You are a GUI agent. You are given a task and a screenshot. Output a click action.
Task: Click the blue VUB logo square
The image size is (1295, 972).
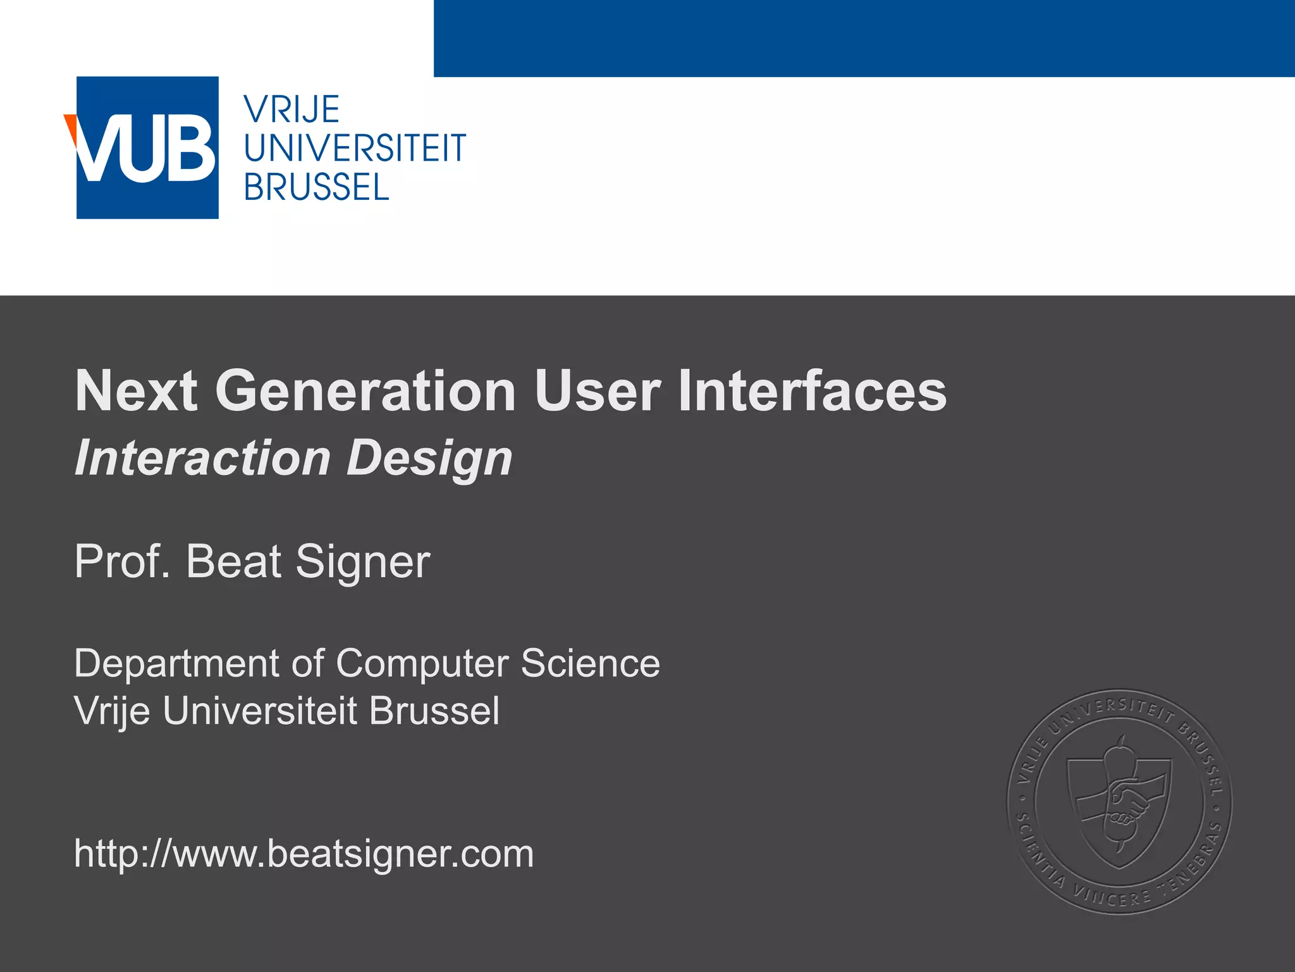click(147, 148)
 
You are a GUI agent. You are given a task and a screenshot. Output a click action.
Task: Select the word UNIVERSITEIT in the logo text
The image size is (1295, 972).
click(355, 149)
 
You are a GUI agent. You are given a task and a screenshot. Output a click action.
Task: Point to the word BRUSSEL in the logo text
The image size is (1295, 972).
click(316, 188)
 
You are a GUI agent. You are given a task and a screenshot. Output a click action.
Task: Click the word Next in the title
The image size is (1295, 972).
click(136, 391)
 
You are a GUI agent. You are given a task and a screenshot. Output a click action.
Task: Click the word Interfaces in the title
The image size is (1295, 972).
click(812, 391)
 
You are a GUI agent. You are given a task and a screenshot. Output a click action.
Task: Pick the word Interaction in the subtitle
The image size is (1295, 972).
click(202, 458)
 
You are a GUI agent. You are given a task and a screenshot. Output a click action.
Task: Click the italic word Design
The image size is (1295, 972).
click(429, 459)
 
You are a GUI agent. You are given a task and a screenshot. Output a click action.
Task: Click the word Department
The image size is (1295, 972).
click(176, 663)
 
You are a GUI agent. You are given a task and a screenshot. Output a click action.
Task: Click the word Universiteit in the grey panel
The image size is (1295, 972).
click(260, 711)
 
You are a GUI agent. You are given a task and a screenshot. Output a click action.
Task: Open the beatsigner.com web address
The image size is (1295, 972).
click(304, 854)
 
